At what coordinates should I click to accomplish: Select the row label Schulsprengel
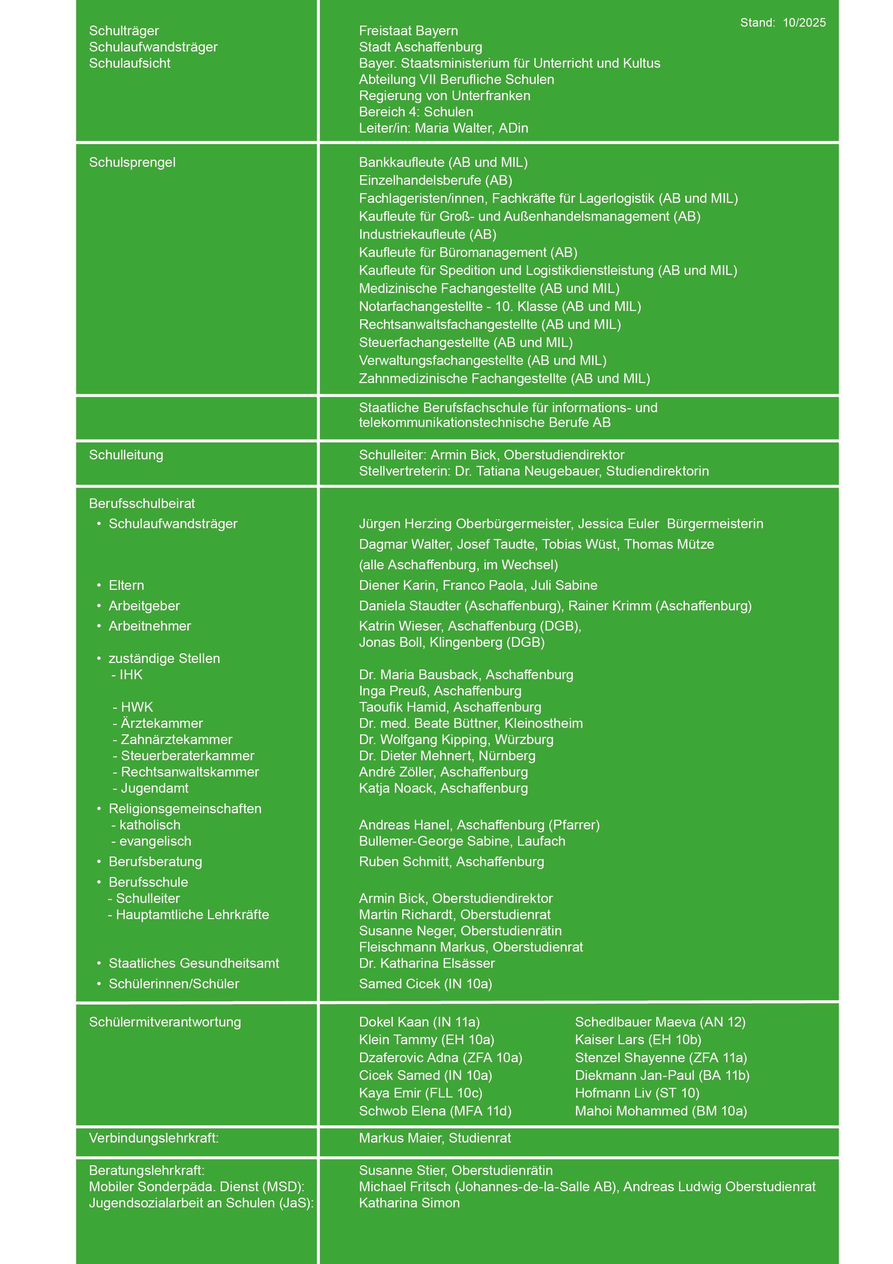tap(132, 163)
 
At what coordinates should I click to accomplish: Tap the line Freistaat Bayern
tap(408, 31)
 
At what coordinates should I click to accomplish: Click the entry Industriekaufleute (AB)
tap(427, 235)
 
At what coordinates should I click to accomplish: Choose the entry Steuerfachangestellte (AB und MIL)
tap(466, 342)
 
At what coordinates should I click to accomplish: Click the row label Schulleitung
tap(126, 455)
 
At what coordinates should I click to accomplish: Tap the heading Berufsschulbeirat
tap(142, 503)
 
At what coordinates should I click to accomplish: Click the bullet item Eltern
tap(126, 585)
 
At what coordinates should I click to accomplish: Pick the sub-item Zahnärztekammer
tap(176, 739)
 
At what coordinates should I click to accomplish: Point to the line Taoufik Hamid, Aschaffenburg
tap(449, 707)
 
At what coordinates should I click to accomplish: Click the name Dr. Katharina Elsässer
tap(426, 963)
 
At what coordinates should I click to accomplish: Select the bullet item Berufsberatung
tap(155, 862)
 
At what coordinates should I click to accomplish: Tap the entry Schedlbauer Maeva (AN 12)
tap(660, 1022)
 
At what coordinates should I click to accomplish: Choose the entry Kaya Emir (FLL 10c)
tap(420, 1093)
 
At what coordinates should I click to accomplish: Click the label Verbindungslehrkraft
tap(153, 1138)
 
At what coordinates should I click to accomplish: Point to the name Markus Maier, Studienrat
tap(435, 1138)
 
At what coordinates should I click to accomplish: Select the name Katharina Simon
tap(409, 1203)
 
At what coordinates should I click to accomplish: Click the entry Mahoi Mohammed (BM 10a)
tap(660, 1111)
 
